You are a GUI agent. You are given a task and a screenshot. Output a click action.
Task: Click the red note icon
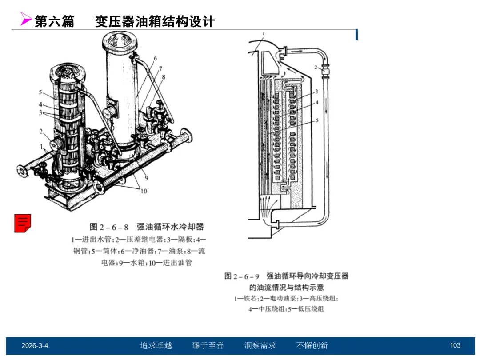coord(23,223)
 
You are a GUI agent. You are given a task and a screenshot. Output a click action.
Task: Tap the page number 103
coord(455,345)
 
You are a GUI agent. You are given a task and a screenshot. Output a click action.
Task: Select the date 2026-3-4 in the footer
coord(35,346)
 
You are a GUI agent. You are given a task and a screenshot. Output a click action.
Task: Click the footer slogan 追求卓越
coord(156,346)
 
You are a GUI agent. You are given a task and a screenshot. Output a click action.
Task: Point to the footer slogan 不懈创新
coord(312,346)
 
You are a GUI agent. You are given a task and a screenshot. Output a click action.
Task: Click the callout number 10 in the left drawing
coord(144,191)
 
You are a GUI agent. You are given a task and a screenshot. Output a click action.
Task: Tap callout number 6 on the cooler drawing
coord(155,59)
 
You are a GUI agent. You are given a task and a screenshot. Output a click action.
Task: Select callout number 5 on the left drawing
coord(40,92)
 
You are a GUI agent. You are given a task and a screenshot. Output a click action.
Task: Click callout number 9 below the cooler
coord(147,178)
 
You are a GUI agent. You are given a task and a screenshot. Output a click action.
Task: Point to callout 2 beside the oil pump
coord(316,67)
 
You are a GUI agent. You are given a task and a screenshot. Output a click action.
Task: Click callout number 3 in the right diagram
coord(316,91)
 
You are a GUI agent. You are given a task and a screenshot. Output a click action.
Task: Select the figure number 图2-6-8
coord(109,227)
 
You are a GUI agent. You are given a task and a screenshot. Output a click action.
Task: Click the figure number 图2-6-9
coord(242,276)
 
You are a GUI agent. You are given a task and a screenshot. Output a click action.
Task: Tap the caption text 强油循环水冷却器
coord(170,227)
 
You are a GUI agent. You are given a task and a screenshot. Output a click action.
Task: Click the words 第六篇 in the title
coord(55,21)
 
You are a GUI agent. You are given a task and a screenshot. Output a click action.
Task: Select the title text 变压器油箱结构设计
coord(155,21)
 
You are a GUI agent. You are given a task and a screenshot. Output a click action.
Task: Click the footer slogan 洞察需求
coord(260,346)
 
